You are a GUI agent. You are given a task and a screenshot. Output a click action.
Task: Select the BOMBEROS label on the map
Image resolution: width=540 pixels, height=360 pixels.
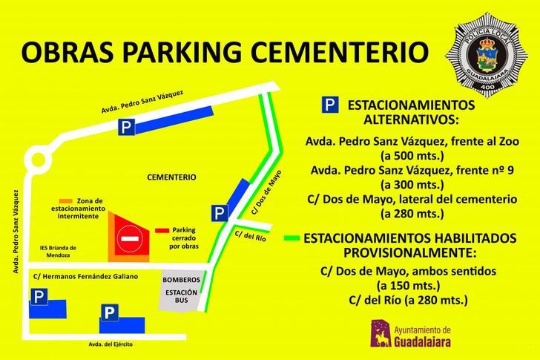[181, 280]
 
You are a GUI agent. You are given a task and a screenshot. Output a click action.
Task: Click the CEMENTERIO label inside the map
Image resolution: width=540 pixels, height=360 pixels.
[171, 177]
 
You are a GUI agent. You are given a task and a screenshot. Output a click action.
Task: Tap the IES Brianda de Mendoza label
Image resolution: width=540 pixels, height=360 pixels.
[59, 251]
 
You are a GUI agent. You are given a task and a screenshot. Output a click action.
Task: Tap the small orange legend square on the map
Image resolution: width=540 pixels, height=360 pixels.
[66, 201]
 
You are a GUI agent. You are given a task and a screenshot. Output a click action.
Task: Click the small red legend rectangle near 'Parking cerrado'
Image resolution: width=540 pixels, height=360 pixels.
[162, 231]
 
